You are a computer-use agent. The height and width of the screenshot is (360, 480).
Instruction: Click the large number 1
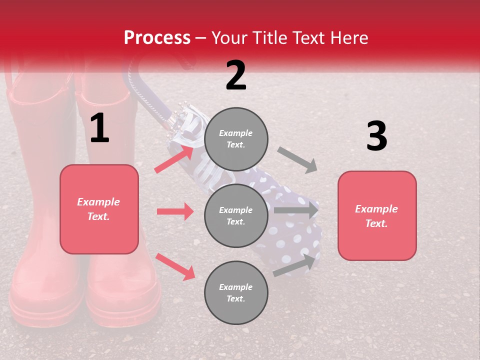click(x=99, y=128)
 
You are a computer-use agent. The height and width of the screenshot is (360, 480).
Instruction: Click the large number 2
click(x=236, y=75)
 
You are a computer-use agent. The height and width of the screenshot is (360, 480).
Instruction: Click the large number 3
click(x=376, y=136)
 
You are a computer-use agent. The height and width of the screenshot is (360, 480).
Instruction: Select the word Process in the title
click(x=157, y=37)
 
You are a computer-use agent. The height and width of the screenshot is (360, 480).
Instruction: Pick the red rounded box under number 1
click(x=99, y=209)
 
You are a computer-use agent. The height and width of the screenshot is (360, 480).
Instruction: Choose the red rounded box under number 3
click(x=377, y=215)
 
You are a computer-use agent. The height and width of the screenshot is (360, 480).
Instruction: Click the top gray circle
click(x=236, y=139)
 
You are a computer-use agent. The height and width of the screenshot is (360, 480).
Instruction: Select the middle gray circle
click(x=236, y=215)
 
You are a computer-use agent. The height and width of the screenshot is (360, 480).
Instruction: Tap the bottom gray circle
click(x=236, y=292)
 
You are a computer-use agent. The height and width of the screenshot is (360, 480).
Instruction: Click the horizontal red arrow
click(x=175, y=211)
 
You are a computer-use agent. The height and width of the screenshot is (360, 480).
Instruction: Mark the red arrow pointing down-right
click(x=175, y=266)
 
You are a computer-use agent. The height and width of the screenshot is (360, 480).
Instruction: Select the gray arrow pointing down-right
click(x=297, y=159)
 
